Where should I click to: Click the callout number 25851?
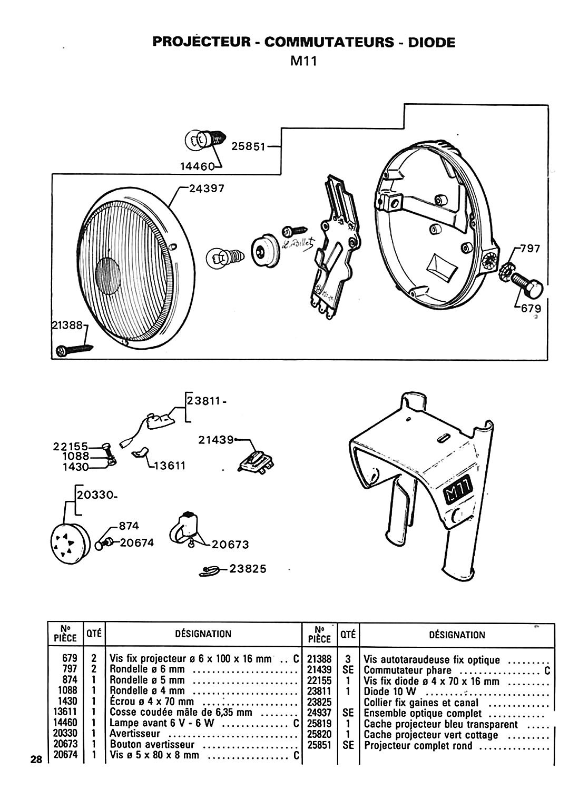tap(248, 146)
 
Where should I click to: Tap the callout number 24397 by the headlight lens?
tap(207, 189)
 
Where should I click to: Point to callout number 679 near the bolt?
tap(531, 309)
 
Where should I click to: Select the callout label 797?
tap(529, 249)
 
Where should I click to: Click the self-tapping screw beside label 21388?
tap(74, 350)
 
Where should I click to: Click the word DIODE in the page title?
tap(431, 42)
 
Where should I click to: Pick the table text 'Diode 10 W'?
tap(390, 692)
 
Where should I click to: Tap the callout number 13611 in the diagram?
tap(169, 466)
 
